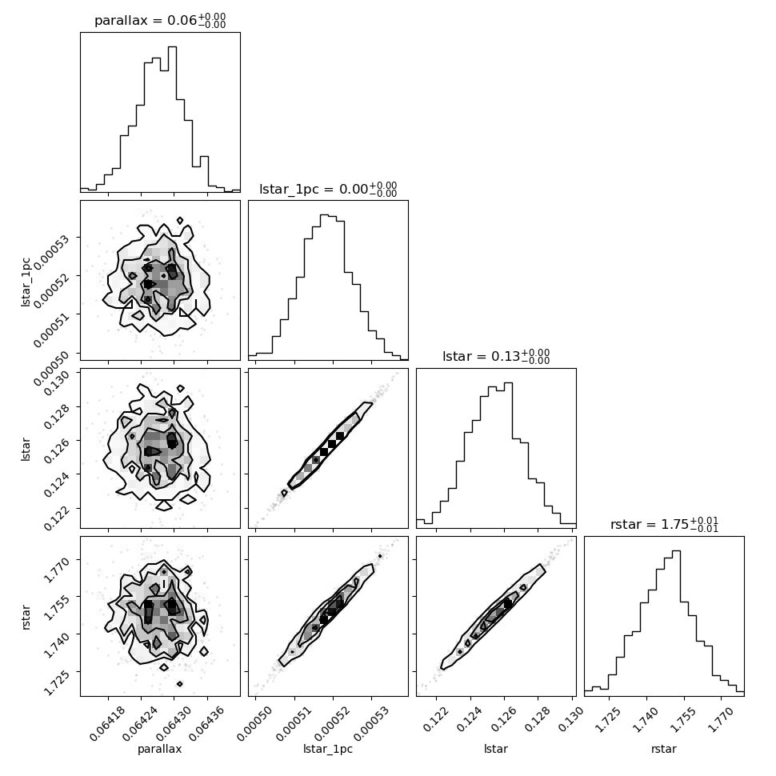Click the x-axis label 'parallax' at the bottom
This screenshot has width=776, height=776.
tap(159, 749)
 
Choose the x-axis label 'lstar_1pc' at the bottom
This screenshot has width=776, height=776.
tap(328, 749)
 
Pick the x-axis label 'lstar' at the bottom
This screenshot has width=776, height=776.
tap(496, 749)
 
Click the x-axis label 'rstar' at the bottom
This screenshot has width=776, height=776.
tap(664, 749)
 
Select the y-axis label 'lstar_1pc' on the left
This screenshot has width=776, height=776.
tap(26, 282)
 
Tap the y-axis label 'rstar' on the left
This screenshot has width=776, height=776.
tap(26, 617)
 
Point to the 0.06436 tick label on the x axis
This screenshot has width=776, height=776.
tap(201, 723)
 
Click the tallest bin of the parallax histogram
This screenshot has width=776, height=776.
tap(172, 119)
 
